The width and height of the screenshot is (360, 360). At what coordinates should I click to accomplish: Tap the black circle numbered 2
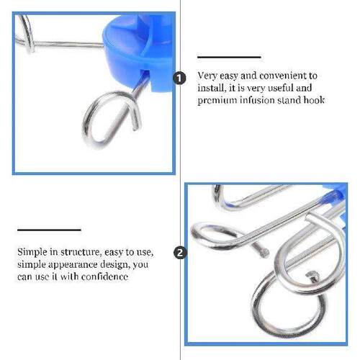180,253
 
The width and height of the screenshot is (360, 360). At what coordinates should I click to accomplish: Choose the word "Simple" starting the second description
30,253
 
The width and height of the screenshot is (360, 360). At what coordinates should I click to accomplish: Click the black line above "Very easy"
228,57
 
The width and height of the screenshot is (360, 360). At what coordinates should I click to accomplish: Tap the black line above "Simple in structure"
49,230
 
